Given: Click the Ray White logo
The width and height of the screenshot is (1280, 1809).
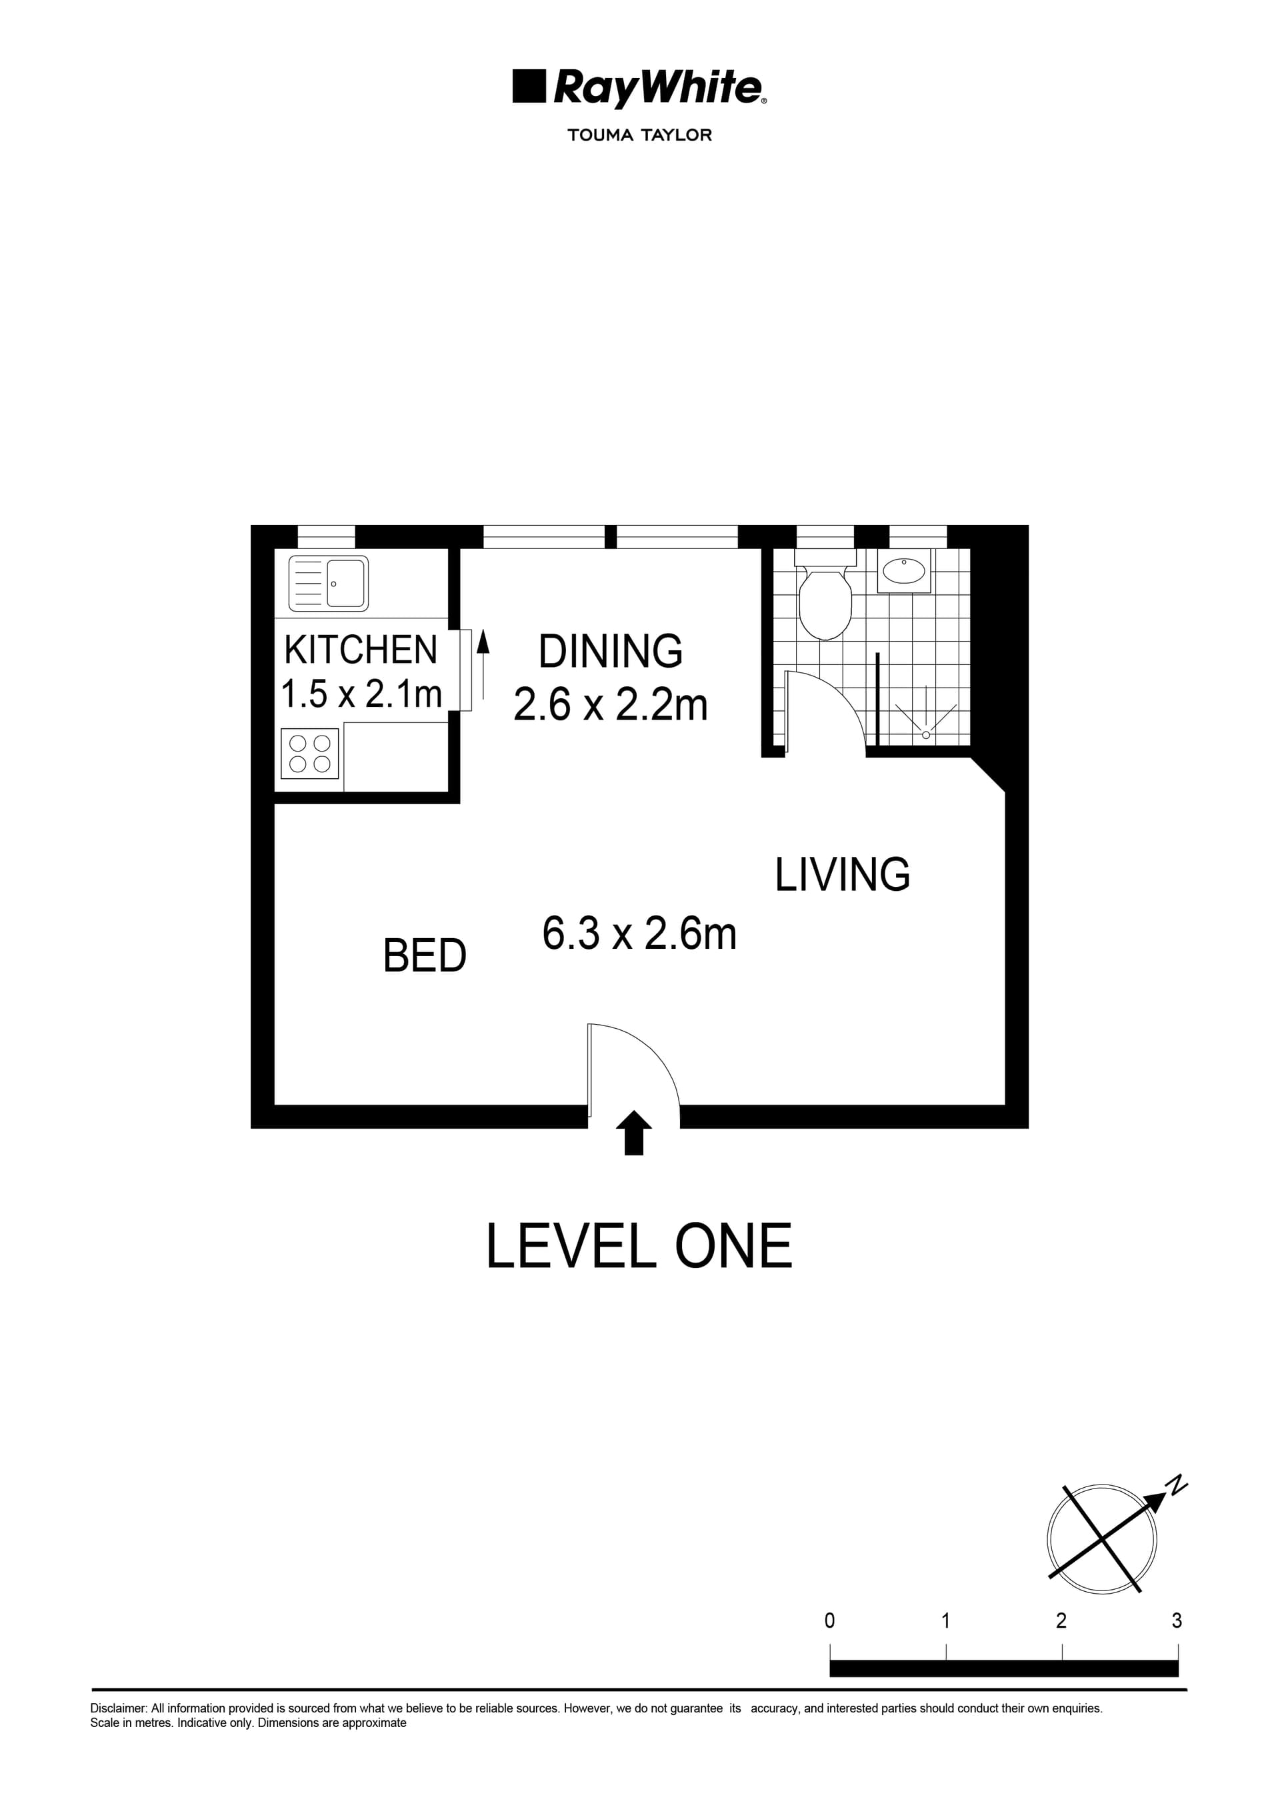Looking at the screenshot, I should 639,87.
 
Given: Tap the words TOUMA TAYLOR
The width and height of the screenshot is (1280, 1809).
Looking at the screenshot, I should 639,135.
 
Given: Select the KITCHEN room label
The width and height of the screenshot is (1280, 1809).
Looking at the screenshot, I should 360,650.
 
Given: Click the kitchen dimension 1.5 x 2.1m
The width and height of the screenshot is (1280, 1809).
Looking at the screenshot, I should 361,694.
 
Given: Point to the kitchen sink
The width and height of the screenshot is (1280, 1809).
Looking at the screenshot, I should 329,583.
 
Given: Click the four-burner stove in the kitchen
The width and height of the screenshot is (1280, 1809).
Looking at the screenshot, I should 310,753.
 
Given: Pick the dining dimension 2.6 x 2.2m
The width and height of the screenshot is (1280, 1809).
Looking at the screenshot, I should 610,704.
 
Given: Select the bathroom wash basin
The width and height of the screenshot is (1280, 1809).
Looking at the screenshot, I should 903,570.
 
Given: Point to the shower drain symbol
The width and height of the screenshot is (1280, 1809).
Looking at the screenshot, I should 926,735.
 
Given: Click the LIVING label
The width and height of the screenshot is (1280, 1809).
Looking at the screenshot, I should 843,875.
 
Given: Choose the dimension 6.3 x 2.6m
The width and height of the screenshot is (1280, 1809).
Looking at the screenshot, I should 639,933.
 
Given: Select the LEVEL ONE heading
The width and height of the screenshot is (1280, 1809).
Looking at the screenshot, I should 639,1247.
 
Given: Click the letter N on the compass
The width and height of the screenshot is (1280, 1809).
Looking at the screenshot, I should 1177,1485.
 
